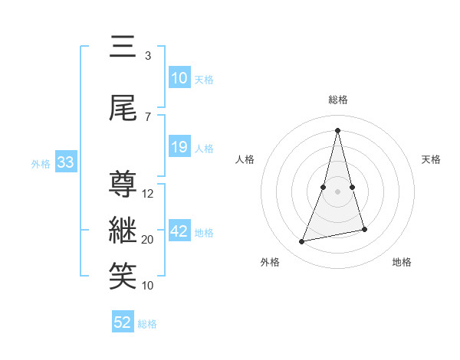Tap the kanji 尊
coord(123,185)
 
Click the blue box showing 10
coord(179,78)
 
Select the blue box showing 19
coord(179,147)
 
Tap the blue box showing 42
coord(179,231)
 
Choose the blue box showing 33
coord(65,162)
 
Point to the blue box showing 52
coord(123,322)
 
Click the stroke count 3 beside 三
coord(148,56)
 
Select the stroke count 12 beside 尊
coord(148,194)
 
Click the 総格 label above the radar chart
coord(338,100)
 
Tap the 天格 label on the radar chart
coord(431,159)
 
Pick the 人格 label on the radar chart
coord(245,159)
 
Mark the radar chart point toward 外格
coord(302,241)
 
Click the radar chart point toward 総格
coord(338,129)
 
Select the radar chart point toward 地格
coord(365,230)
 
